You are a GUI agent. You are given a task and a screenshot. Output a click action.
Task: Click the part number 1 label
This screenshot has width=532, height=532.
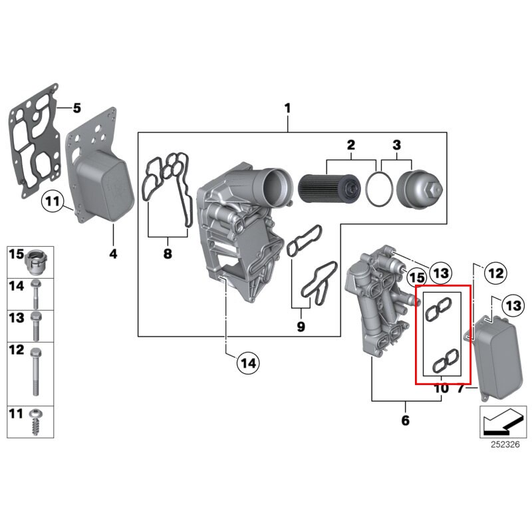tap(288, 107)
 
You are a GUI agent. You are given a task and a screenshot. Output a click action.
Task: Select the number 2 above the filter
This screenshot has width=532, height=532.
tap(351, 144)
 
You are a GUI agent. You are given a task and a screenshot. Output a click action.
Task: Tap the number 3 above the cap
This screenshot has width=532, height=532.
tap(397, 144)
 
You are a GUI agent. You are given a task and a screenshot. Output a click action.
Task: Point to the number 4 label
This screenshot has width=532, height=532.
tap(113, 253)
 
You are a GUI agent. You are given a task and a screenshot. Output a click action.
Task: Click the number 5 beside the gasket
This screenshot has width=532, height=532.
tap(76, 107)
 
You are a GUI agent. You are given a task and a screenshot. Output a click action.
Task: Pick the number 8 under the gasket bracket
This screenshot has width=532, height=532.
tap(168, 253)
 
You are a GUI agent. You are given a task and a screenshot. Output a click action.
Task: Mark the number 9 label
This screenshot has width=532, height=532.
tap(301, 327)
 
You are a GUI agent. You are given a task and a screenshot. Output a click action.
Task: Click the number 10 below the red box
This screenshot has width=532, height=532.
tap(442, 388)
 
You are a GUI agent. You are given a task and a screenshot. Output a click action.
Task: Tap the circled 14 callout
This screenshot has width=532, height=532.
tap(248, 363)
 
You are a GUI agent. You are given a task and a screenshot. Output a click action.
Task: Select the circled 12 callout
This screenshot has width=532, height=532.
tap(495, 272)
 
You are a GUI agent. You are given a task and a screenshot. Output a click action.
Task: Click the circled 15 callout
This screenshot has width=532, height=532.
tap(416, 276)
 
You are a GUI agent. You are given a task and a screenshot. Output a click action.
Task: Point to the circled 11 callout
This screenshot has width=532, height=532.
tap(53, 199)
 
